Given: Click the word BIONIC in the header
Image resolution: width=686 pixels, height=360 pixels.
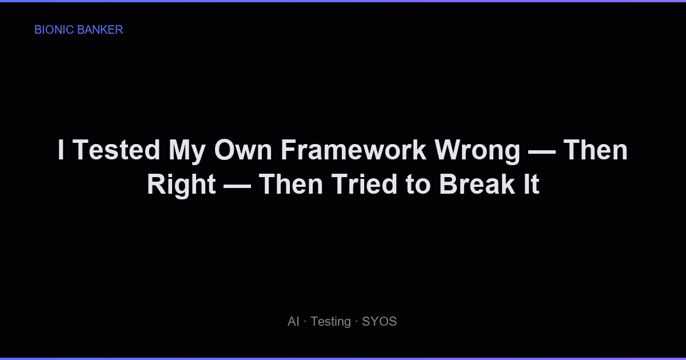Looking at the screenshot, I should tap(54, 30).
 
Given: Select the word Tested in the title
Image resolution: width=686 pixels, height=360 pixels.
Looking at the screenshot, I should tap(117, 150).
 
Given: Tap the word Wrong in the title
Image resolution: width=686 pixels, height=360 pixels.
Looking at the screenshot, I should tap(477, 150).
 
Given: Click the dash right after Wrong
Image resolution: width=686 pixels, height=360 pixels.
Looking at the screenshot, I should tap(542, 150).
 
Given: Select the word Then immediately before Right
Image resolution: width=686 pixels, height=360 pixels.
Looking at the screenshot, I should tap(596, 150).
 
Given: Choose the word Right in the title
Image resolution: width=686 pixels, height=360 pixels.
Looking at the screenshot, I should tap(181, 185).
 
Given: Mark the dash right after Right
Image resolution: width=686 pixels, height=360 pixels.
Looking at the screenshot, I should tap(237, 185).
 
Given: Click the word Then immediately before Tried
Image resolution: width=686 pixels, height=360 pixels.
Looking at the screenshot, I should tap(291, 185).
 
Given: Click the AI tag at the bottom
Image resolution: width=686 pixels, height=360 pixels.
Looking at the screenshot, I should tap(293, 322).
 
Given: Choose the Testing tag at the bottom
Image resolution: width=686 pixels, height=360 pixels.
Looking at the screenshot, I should tap(330, 322).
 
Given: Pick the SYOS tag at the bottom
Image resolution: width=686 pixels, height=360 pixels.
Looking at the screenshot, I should tap(379, 322).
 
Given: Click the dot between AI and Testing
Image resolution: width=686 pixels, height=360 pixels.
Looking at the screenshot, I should tap(305, 322).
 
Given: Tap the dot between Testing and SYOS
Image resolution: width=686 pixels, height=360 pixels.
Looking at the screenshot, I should tap(356, 322).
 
